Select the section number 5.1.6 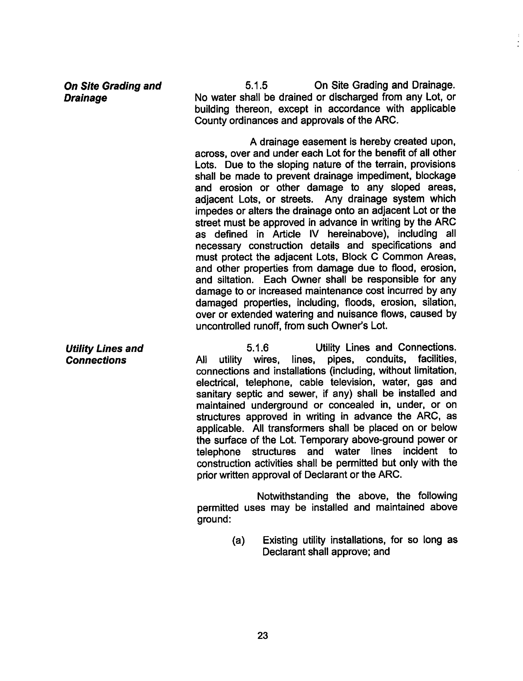click(257, 348)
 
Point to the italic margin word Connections click(96, 360)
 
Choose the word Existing click(280, 540)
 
